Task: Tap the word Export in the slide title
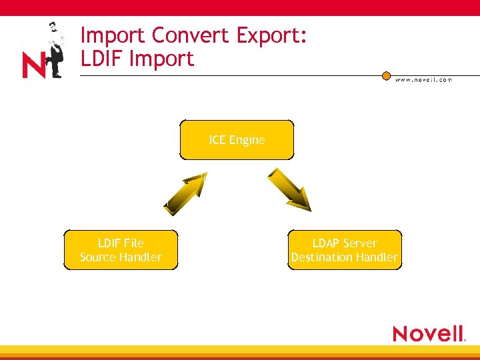271,35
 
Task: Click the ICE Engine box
237,140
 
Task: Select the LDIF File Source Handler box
121,250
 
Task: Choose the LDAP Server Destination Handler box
345,250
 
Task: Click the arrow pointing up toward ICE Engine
185,193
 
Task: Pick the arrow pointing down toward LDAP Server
289,189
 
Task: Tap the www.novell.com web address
423,79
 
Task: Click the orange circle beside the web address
386,76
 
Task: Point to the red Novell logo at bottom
429,333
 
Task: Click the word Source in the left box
98,257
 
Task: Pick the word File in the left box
133,243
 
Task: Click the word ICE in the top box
217,140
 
